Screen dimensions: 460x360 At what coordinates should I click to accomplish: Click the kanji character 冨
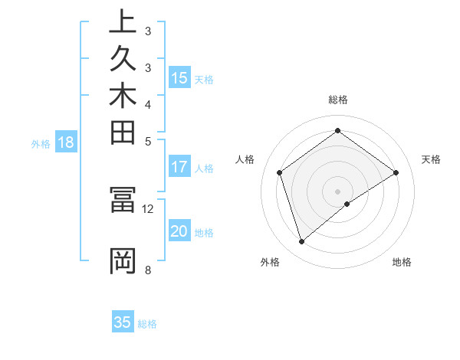pos(123,200)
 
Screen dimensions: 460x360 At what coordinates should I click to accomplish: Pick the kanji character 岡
pos(123,260)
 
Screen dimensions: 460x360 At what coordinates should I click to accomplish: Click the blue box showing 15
pos(179,78)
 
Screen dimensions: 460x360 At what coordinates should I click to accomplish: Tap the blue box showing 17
pos(179,167)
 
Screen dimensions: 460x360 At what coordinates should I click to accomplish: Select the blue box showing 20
pos(179,232)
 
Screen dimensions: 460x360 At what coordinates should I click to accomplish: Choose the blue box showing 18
pos(66,142)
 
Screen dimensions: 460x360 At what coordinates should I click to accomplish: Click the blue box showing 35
pos(123,322)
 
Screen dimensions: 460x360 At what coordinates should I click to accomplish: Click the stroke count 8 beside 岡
pos(148,269)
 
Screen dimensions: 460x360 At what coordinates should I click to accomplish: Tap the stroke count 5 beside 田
pos(148,141)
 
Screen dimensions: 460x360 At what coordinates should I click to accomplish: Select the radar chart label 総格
pos(337,100)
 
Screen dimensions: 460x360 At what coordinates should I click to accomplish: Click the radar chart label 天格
pos(431,159)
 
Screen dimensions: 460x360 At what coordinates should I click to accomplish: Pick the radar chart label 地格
pos(402,262)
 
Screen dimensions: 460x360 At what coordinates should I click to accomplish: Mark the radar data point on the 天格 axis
pos(396,172)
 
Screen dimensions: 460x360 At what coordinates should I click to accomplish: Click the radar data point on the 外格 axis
pos(301,242)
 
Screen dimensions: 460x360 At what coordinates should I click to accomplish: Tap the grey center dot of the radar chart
pos(337,191)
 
